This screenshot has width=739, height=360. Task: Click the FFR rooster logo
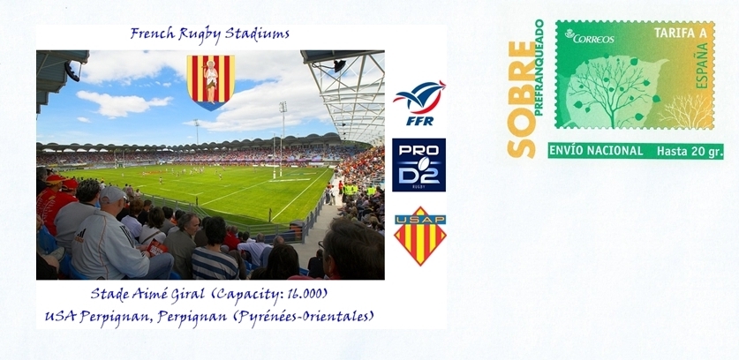tap(419, 103)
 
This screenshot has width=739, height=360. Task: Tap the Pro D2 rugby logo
tap(419, 165)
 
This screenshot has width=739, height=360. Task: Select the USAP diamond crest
tap(420, 236)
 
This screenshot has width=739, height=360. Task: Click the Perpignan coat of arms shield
tap(211, 82)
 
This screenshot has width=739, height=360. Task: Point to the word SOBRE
tap(522, 100)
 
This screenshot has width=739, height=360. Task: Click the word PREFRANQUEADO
tap(539, 67)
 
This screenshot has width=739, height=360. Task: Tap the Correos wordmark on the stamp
tap(590, 37)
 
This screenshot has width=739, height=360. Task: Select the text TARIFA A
tap(675, 34)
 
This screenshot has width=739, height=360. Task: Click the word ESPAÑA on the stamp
tap(702, 65)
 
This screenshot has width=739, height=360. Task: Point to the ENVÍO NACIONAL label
tap(596, 151)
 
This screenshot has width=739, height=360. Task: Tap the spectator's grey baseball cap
tap(113, 194)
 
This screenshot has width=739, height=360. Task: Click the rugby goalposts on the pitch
tap(277, 156)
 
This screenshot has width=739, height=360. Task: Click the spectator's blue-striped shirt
tap(215, 265)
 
